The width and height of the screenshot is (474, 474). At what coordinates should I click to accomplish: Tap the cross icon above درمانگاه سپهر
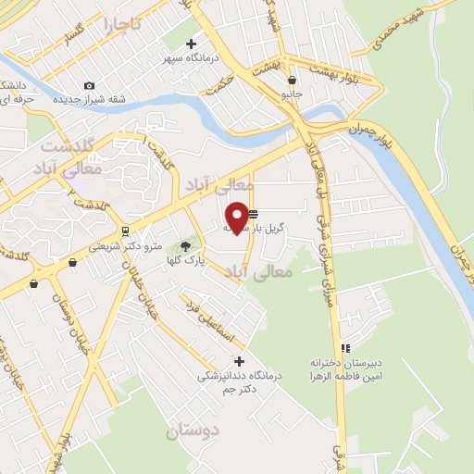pos(192,43)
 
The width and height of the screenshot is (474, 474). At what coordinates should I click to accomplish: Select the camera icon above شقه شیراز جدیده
pos(89,85)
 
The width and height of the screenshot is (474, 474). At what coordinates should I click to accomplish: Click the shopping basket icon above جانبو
pos(293,81)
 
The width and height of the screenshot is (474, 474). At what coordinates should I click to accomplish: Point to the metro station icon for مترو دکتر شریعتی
pos(124,231)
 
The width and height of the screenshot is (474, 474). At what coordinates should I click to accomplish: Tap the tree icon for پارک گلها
pos(185,245)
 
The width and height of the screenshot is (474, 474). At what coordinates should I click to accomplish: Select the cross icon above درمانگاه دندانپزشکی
pos(240,361)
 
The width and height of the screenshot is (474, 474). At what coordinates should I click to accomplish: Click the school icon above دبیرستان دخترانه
pos(345,349)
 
